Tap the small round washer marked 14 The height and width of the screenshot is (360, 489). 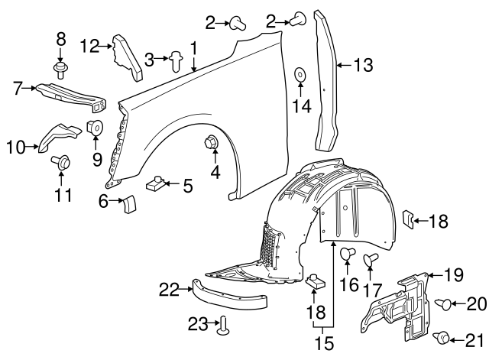click(x=300, y=75)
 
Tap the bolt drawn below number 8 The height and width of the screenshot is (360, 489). click(x=60, y=70)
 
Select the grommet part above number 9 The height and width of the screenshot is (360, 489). click(x=96, y=128)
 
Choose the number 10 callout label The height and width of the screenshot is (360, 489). click(x=15, y=144)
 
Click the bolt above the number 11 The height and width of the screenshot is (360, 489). click(x=62, y=161)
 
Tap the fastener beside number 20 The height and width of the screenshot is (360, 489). click(x=443, y=305)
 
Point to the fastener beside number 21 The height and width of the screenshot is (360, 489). click(x=442, y=337)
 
